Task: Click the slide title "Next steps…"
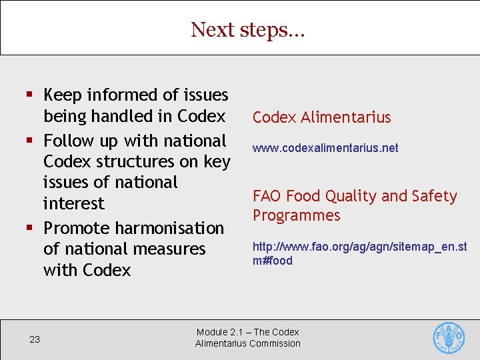[247, 30]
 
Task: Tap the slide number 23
[35, 339]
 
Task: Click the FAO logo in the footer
[449, 338]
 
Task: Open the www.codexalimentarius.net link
[325, 148]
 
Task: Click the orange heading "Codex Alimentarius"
[321, 117]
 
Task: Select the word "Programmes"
[296, 215]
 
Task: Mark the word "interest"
[73, 203]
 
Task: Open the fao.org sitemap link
[359, 253]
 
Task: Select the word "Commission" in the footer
[274, 343]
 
